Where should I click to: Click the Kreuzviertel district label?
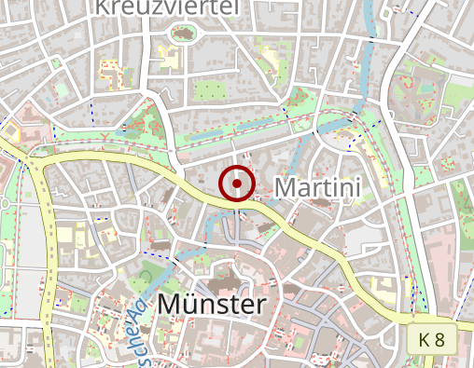point(167,7)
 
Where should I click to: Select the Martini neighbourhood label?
point(317,187)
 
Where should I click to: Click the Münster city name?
point(212,304)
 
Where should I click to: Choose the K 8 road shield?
point(431,339)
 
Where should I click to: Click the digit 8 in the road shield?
point(439,339)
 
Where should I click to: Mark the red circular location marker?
point(237,184)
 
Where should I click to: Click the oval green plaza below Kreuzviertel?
point(182,34)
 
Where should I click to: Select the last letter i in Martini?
point(356,187)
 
